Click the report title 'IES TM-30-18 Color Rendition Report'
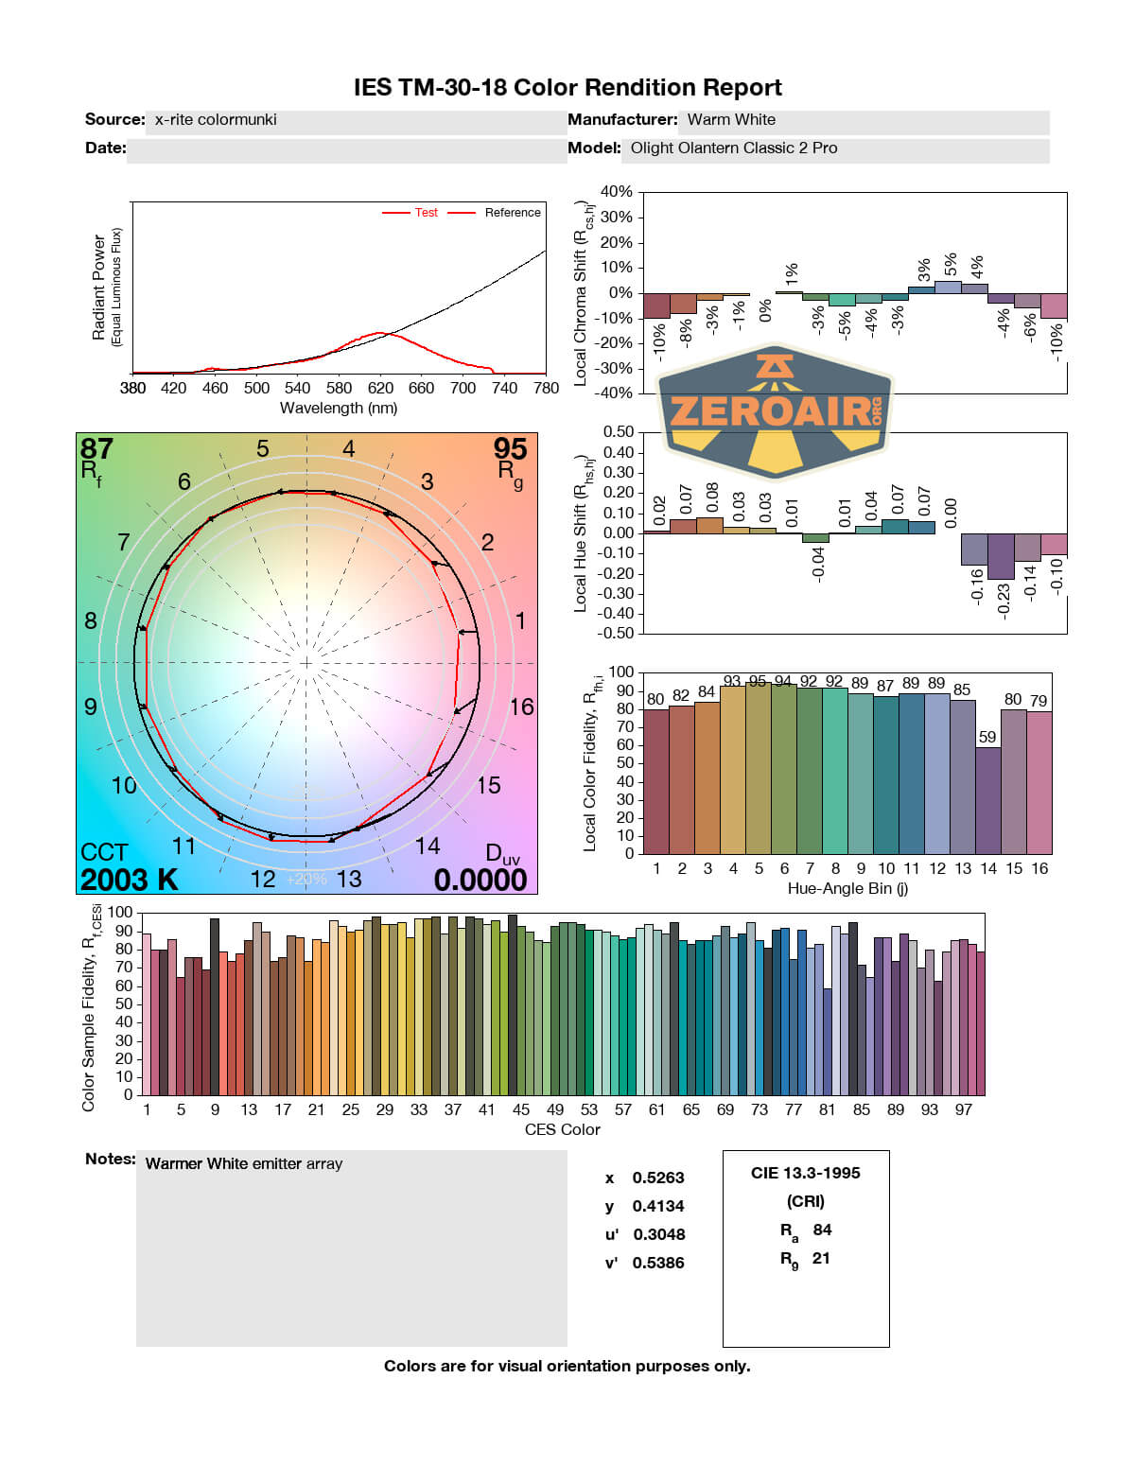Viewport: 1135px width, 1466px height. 567,88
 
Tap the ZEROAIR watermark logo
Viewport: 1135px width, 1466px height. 775,411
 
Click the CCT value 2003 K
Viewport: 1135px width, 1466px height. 129,880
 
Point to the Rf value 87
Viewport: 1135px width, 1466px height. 96,448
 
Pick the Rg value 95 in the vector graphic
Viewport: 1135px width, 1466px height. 510,448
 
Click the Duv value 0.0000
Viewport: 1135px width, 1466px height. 480,880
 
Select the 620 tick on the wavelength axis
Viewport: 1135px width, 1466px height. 380,388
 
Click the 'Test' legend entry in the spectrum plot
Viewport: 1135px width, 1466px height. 426,213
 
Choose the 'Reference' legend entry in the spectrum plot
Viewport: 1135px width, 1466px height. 513,213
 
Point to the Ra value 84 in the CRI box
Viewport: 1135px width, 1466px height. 822,1230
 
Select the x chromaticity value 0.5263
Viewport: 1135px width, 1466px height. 658,1178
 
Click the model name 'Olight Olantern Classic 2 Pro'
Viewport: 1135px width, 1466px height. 734,148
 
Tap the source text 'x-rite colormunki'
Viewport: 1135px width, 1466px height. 216,119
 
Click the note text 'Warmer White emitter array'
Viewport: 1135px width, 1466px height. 244,1163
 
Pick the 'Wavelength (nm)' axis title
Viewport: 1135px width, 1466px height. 339,408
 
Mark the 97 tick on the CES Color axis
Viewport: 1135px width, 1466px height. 963,1109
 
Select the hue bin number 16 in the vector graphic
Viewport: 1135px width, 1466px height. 521,707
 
